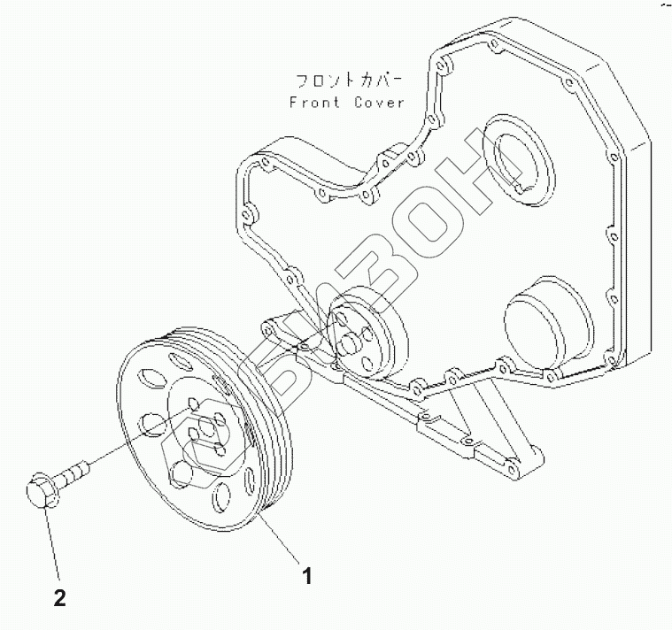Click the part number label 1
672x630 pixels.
[x=307, y=577]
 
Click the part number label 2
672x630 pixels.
[x=60, y=599]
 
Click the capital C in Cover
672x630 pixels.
[x=358, y=102]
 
